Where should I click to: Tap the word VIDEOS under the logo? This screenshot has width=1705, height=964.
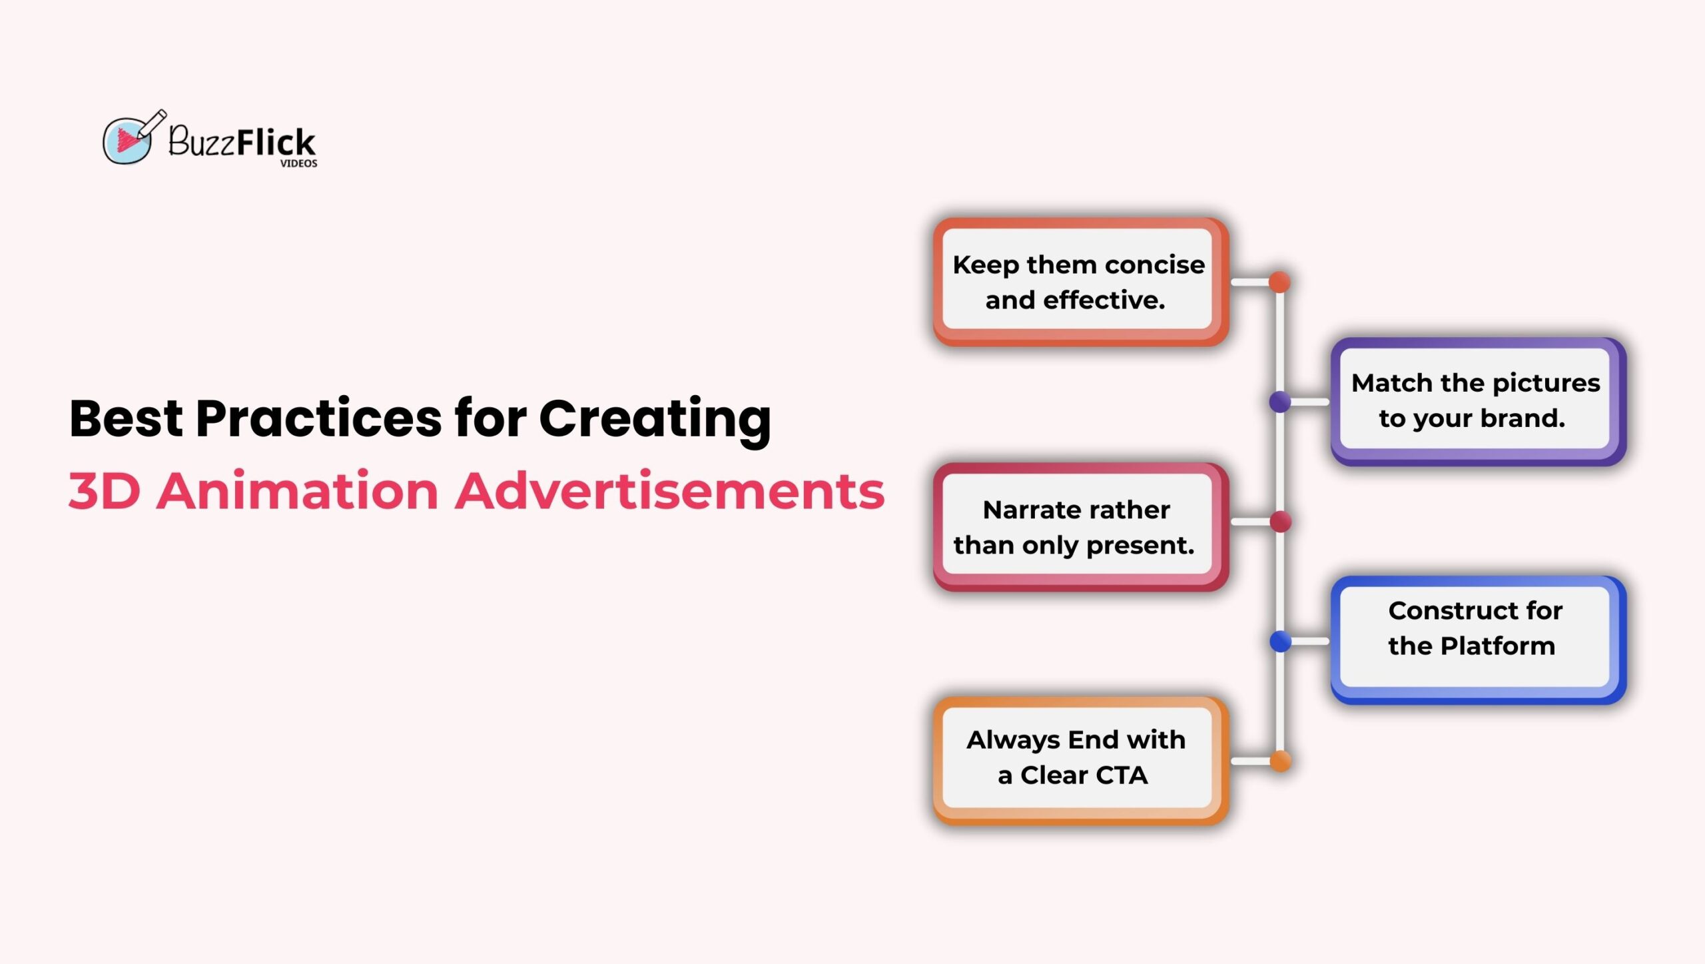(298, 163)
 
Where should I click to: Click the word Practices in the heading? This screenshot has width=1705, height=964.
(318, 418)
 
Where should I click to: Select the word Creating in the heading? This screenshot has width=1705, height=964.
(655, 421)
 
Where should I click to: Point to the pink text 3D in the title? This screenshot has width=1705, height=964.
(105, 491)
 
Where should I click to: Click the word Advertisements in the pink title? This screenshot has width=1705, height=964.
(670, 490)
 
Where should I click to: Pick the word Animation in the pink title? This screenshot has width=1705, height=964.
(298, 490)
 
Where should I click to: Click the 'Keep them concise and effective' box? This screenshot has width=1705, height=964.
(1080, 282)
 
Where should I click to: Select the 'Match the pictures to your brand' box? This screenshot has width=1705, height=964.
(1478, 401)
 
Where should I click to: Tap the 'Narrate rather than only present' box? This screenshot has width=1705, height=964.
(1080, 527)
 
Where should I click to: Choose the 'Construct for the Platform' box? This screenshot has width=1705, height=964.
(1478, 640)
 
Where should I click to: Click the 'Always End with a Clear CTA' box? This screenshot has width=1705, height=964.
(1080, 761)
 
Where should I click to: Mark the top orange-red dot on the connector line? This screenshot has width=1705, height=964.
(1279, 282)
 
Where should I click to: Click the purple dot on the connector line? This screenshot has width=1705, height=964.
(1280, 402)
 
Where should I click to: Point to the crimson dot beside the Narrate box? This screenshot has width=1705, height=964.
(1280, 522)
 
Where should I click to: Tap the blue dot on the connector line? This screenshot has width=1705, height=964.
(1280, 642)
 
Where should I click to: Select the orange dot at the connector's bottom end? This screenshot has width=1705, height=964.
(1280, 761)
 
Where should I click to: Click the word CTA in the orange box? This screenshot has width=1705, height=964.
(1122, 775)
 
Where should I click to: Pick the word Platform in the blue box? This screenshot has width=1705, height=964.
(1498, 646)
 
